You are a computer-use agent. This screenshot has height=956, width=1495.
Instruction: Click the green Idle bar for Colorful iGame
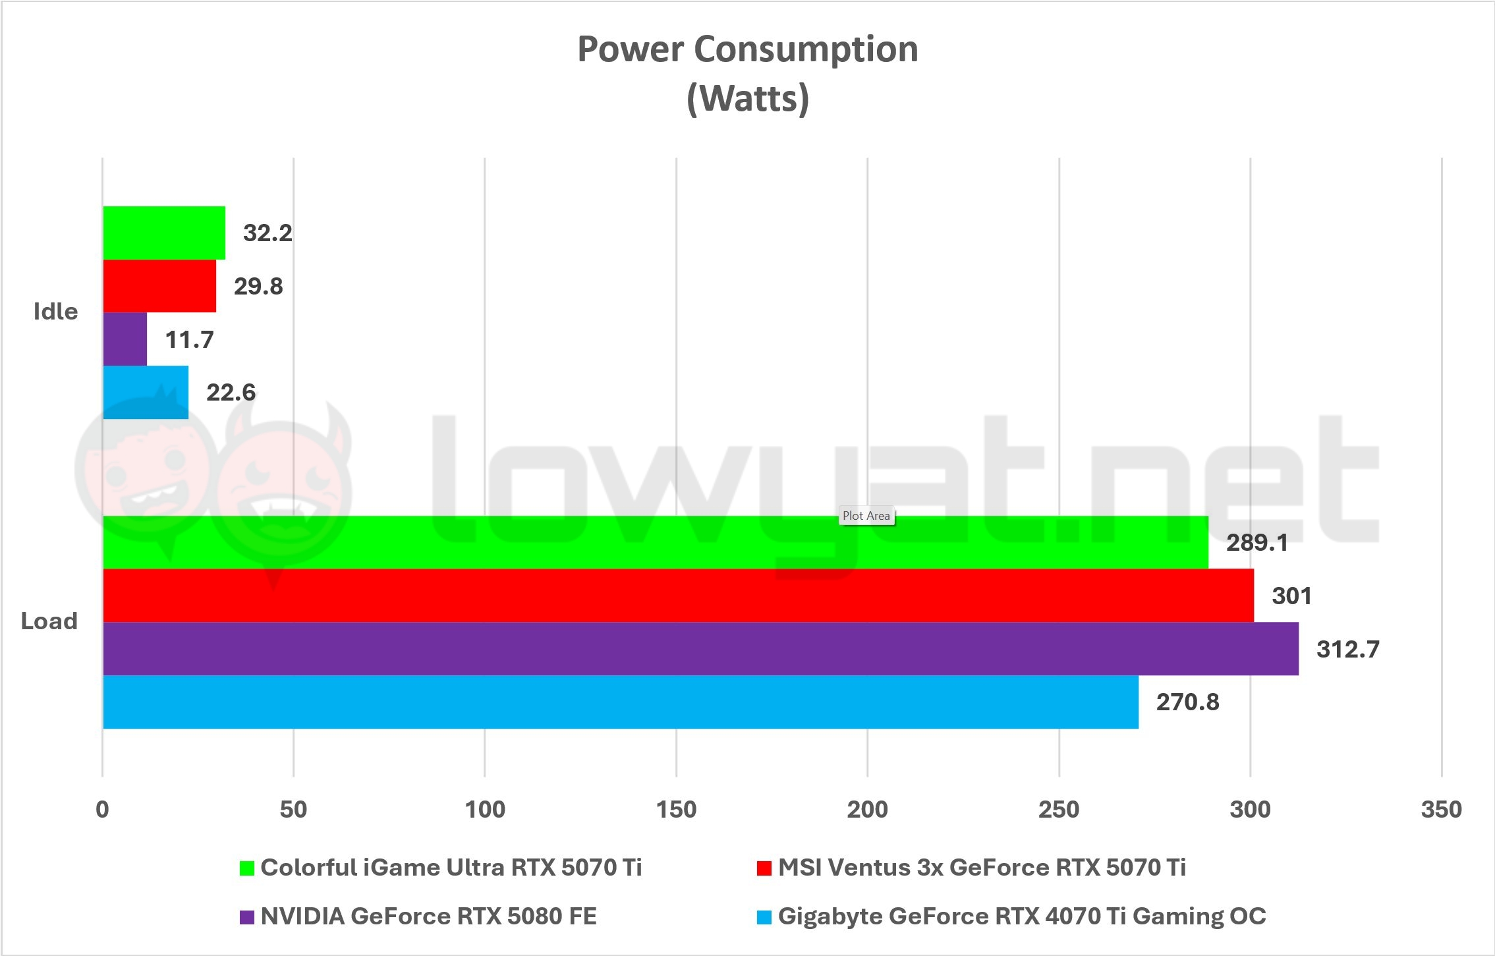click(164, 233)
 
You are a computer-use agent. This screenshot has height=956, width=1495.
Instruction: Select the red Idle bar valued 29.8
click(159, 286)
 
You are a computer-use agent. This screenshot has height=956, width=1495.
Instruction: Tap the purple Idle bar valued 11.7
click(125, 339)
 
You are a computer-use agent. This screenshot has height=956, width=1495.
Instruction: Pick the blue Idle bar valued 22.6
click(146, 392)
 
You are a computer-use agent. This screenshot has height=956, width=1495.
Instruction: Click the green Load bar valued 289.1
click(656, 542)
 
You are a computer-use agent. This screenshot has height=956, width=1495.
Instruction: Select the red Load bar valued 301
click(678, 596)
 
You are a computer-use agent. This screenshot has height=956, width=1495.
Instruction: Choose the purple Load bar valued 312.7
click(700, 649)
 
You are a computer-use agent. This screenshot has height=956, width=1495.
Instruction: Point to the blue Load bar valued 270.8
click(621, 702)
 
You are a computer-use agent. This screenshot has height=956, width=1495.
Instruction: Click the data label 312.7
click(1347, 650)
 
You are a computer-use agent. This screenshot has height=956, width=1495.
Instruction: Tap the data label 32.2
click(268, 233)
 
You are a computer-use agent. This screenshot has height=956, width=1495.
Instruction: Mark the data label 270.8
click(1187, 702)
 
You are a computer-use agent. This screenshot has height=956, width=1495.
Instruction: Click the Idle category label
click(56, 312)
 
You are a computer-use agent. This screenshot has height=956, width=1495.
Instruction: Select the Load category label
click(49, 621)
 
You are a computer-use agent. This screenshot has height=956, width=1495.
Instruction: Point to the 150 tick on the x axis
click(676, 809)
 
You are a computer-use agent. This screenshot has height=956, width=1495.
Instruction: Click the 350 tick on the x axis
click(1441, 809)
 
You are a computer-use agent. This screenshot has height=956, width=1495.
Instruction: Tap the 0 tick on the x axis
click(102, 809)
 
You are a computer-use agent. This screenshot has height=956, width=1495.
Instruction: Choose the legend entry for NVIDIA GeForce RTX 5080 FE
click(428, 916)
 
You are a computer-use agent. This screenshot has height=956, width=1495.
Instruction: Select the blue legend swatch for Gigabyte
click(764, 917)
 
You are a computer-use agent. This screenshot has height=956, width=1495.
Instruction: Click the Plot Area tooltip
click(866, 516)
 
